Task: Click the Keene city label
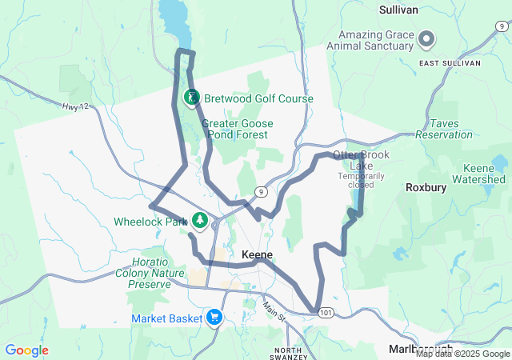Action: click(x=257, y=254)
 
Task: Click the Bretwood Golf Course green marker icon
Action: click(x=192, y=98)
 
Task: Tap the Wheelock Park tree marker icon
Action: click(x=198, y=220)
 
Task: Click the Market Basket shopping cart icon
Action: click(x=214, y=318)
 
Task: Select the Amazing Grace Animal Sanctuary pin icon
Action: click(x=426, y=38)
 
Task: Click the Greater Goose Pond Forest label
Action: click(x=238, y=129)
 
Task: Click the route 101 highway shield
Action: click(x=318, y=313)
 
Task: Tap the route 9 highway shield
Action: click(x=261, y=191)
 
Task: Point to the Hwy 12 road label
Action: click(x=73, y=106)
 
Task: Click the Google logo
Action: click(x=27, y=350)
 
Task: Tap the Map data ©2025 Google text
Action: click(x=462, y=354)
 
